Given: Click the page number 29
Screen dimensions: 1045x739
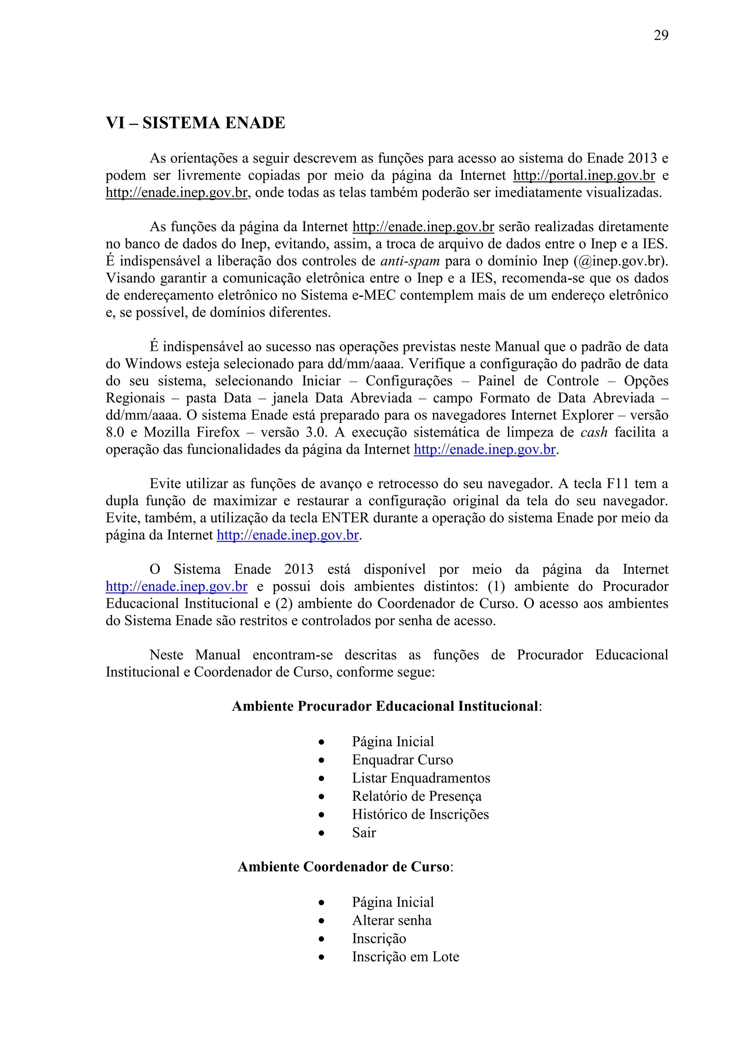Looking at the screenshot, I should pos(661,35).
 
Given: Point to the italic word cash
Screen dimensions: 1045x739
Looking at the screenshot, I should pos(594,433).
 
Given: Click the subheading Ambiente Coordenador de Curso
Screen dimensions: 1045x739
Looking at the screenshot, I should pos(344,867).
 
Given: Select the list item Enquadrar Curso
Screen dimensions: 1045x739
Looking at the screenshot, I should pos(402,760).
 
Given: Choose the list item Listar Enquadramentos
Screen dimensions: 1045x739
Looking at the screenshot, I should pos(421,778).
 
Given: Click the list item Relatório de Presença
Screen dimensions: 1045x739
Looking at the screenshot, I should pos(416,796).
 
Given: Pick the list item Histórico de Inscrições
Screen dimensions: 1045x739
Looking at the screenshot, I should pos(420,815).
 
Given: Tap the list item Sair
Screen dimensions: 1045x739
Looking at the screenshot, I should pos(364,833).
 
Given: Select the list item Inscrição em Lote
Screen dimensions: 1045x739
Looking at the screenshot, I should pos(405,957).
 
